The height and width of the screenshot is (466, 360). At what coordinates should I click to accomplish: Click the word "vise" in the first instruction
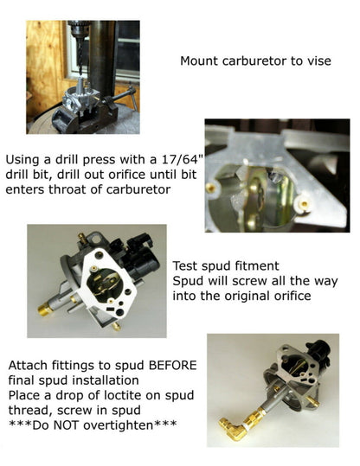[x=318, y=61]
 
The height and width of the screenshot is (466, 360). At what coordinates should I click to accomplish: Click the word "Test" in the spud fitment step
[x=185, y=265]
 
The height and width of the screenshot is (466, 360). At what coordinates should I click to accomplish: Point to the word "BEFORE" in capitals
[x=172, y=365]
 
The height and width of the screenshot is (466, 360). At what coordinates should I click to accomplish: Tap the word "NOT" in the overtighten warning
[x=67, y=425]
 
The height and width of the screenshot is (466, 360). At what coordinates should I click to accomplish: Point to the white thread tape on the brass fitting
[x=247, y=426]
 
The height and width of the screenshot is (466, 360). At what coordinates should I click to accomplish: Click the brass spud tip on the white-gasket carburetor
[x=46, y=310]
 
